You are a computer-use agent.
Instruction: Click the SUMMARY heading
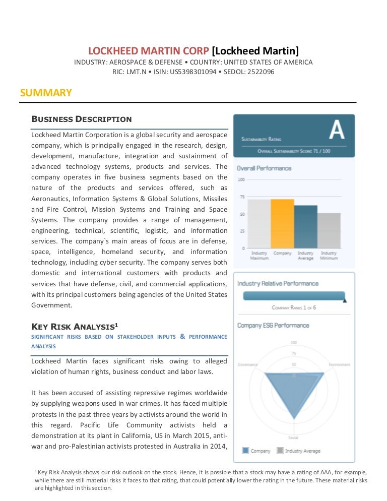pyautogui.click(x=46, y=93)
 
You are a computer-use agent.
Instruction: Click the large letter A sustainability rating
pyautogui.click(x=336, y=130)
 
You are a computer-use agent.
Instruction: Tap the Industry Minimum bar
pyautogui.click(x=329, y=230)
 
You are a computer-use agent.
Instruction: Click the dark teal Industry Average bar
pyautogui.click(x=305, y=227)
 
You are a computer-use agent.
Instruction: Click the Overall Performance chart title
pyautogui.click(x=264, y=168)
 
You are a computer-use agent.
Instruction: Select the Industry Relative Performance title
pyautogui.click(x=278, y=284)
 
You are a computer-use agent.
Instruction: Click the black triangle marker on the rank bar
pyautogui.click(x=345, y=300)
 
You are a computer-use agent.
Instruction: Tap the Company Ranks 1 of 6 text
pyautogui.click(x=294, y=307)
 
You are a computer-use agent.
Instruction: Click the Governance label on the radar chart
pyautogui.click(x=247, y=364)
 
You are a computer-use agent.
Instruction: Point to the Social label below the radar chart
pyautogui.click(x=293, y=437)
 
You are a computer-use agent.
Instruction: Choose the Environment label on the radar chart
pyautogui.click(x=339, y=364)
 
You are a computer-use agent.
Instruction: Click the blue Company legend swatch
pyautogui.click(x=245, y=451)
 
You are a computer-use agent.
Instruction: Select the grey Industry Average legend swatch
pyautogui.click(x=280, y=451)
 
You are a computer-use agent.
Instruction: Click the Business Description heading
pyautogui.click(x=82, y=119)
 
